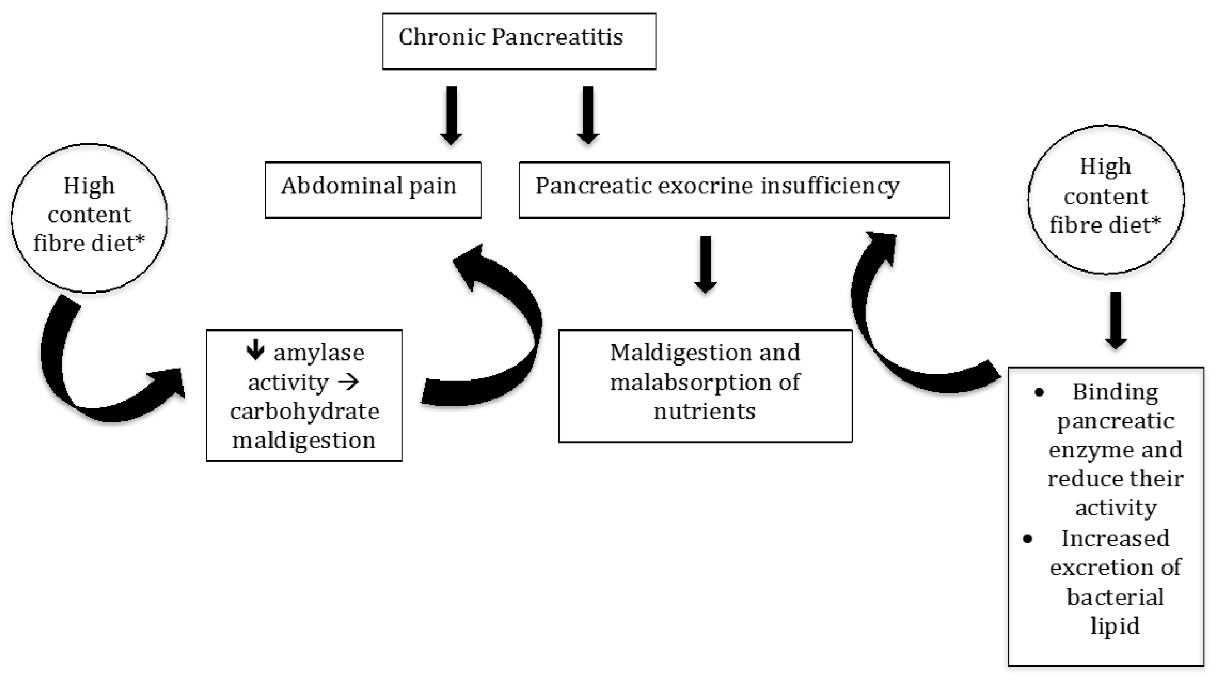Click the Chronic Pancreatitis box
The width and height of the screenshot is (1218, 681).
[518, 41]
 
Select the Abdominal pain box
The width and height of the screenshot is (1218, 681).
[373, 189]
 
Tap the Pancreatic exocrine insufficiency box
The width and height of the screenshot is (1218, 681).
[734, 189]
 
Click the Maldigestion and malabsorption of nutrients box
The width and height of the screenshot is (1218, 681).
[705, 386]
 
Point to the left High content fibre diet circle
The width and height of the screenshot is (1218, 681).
[89, 217]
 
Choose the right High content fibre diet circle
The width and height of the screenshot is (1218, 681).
[1105, 199]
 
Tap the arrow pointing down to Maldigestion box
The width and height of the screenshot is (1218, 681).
[705, 264]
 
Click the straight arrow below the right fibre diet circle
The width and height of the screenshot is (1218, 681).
[1116, 320]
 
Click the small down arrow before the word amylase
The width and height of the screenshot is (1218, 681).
[255, 350]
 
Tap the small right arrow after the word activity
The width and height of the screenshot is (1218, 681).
[349, 382]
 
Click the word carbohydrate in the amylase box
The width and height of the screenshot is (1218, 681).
[305, 411]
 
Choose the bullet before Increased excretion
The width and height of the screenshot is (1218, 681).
[1027, 539]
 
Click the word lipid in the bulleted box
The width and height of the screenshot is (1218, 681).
[1115, 626]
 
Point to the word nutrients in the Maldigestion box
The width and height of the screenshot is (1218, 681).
[704, 412]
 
